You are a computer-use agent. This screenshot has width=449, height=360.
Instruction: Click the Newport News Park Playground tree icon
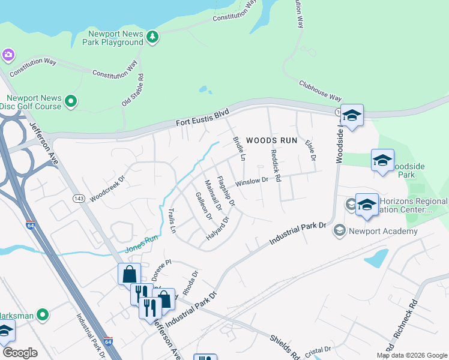153,37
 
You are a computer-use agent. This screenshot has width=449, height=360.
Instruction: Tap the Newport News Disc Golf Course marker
71,101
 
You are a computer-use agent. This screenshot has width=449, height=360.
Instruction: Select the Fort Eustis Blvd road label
203,118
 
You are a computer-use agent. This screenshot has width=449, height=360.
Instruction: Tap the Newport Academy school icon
340,231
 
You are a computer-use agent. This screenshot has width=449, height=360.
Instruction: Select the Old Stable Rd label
133,90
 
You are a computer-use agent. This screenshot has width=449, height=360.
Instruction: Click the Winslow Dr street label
252,181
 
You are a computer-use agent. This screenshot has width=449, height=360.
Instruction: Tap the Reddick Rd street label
276,163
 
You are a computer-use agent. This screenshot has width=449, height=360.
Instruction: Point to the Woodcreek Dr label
107,188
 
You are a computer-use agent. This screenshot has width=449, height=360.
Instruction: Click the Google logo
20,353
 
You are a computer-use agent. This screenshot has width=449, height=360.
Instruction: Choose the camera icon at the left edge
8,55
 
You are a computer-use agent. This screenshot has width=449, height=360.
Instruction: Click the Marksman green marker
42,314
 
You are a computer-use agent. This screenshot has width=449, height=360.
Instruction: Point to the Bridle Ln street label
239,149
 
